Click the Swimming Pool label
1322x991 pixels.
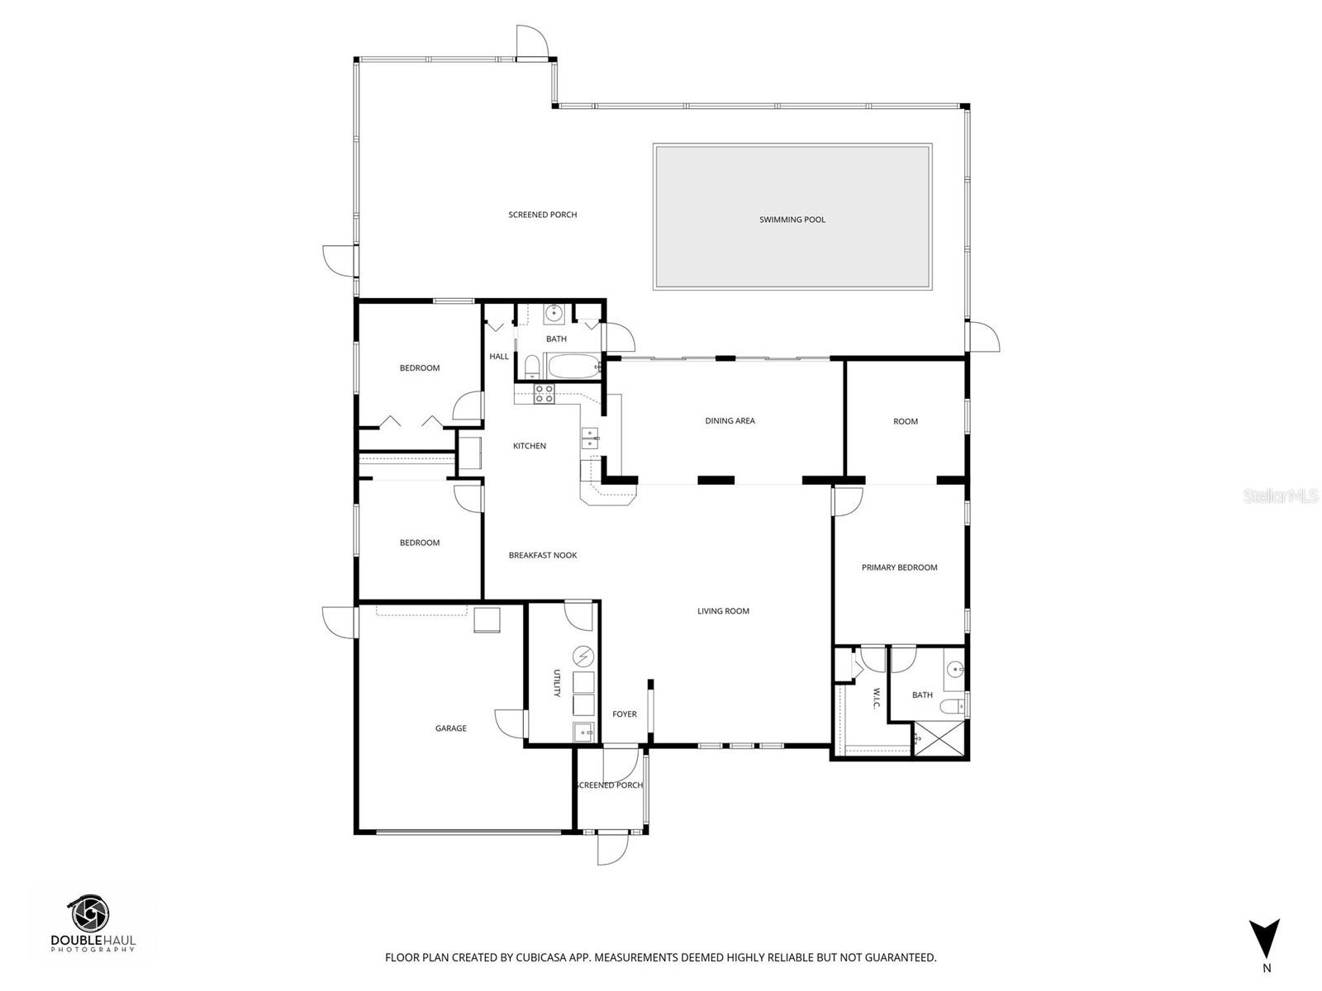coord(792,220)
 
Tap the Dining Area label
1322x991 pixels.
coord(730,421)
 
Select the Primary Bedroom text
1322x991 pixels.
coord(899,567)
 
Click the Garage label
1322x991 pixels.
coord(450,728)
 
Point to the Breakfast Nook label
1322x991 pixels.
coord(542,556)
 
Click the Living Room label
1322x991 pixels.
coord(723,611)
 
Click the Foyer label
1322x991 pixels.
coord(624,714)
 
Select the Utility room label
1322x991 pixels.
coord(557,683)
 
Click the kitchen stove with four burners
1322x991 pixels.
coord(543,394)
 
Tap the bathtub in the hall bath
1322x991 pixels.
coord(574,366)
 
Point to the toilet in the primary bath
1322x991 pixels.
coord(954,707)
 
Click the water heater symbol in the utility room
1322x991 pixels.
coord(583,656)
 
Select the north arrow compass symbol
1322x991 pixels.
coord(1264,940)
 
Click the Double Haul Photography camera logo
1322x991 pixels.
coord(90,913)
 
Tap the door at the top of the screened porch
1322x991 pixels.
coord(532,41)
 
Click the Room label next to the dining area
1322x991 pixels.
coord(905,421)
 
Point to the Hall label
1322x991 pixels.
coord(499,357)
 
